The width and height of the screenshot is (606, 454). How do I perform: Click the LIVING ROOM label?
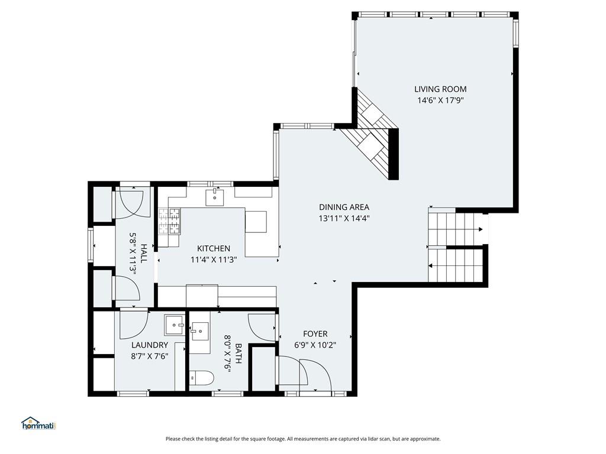click(440, 89)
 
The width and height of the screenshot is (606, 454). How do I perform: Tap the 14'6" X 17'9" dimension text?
click(440, 100)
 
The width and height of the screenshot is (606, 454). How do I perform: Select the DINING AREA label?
click(344, 207)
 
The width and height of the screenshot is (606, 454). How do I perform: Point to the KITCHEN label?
click(214, 249)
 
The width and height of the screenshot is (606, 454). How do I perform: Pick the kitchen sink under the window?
click(214, 197)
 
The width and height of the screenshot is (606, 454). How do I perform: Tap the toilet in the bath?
click(201, 378)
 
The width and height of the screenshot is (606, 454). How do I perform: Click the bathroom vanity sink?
click(200, 331)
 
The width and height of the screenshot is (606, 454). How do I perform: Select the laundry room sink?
click(175, 325)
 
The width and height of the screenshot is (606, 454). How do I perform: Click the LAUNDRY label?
click(150, 345)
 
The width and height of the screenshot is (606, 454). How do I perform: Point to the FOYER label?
click(315, 334)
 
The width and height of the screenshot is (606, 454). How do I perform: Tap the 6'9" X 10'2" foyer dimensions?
click(315, 345)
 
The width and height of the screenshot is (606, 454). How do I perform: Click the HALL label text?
click(144, 253)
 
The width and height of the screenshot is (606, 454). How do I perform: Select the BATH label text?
click(238, 354)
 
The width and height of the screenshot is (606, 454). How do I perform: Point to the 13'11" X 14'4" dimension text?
click(344, 218)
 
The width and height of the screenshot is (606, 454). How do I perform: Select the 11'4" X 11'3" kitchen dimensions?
click(214, 260)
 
